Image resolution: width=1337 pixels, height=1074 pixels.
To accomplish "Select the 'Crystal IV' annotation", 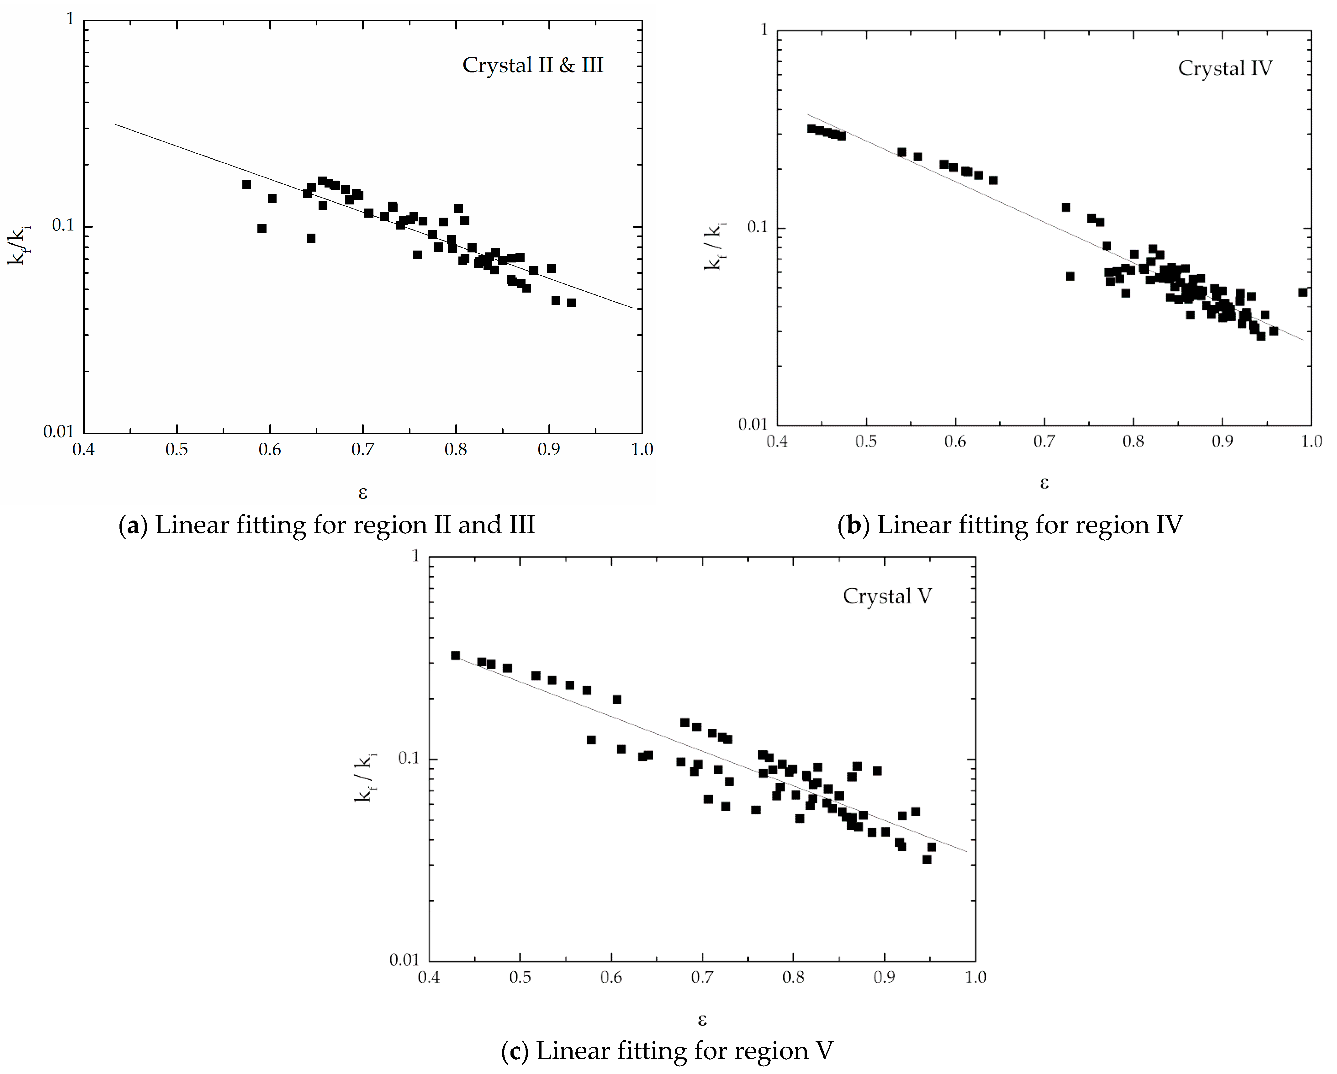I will [x=1225, y=68].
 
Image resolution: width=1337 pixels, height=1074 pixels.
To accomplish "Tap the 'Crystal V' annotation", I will [x=887, y=596].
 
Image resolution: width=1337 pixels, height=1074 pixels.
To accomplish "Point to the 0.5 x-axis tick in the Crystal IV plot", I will [x=866, y=442].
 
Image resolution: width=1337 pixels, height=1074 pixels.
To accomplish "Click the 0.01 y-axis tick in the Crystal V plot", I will [x=404, y=960].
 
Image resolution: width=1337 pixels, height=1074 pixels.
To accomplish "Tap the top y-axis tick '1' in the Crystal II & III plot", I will [x=70, y=20].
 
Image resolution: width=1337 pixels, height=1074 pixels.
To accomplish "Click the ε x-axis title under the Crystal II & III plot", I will [x=363, y=493].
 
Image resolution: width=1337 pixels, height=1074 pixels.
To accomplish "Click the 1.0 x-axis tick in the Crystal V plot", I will [x=975, y=977].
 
